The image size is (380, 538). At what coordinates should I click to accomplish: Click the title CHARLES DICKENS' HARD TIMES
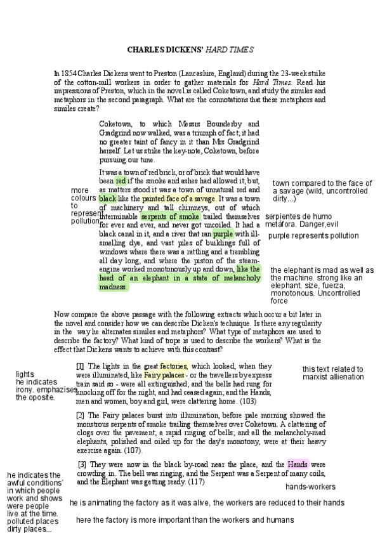click(x=190, y=49)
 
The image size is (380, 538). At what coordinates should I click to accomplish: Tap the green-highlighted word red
click(x=121, y=181)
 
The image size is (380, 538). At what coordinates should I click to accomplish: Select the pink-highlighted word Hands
click(x=298, y=464)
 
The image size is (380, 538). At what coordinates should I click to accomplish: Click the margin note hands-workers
click(x=310, y=487)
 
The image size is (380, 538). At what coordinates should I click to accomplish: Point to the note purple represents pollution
click(x=313, y=236)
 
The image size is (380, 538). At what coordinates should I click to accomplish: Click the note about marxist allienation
click(x=332, y=373)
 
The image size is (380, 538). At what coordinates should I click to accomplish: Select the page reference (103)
click(x=248, y=402)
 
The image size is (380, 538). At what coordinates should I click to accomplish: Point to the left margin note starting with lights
click(x=36, y=386)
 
